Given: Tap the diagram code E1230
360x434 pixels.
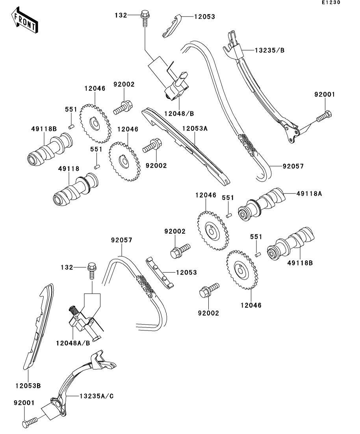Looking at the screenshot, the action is pos(331,2).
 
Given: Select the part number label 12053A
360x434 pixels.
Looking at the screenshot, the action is pos(195,128).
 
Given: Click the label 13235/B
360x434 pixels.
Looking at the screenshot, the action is pos(270,50).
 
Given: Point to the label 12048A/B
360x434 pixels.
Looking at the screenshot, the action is pos(73,343).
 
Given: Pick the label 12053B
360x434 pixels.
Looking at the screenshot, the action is pos(28,386).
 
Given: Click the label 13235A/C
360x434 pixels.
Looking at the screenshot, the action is pos(97,396).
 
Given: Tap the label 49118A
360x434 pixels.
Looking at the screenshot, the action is pos(309,194).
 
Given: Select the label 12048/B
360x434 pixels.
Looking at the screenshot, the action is pos(179,113).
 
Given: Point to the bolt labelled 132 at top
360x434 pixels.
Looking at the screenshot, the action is pos(145,18).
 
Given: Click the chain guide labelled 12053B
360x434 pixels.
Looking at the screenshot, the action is pos(38,327).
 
